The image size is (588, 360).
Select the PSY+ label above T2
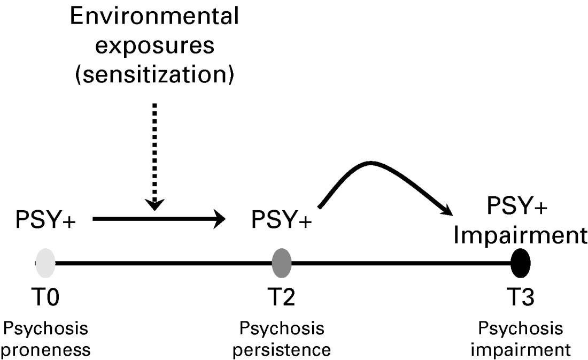282,220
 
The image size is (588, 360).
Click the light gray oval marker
45,262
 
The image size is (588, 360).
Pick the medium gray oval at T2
282,262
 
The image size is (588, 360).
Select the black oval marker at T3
520,262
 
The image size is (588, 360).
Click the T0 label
45,296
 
